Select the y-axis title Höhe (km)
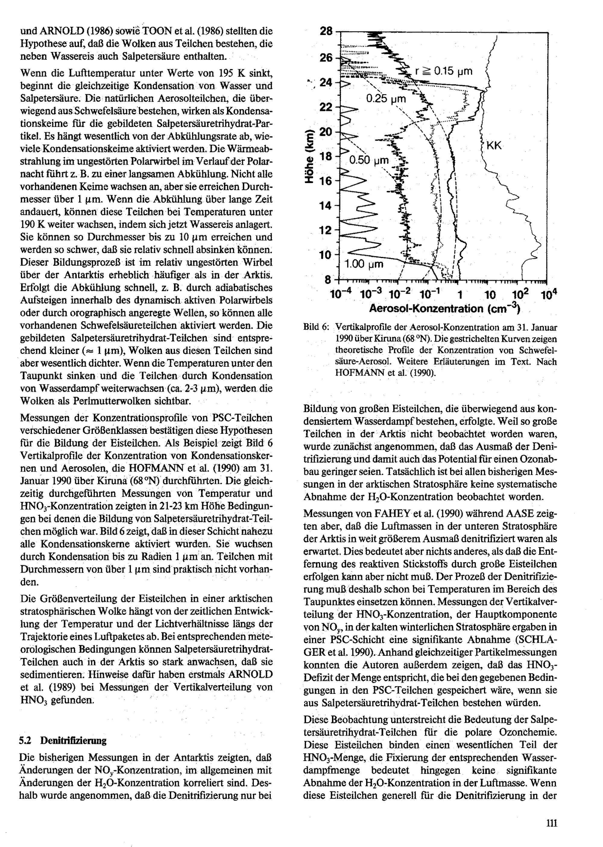coord(309,155)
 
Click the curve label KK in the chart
coord(494,146)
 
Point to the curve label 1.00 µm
coord(364,264)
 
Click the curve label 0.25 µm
coord(386,99)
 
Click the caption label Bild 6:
coord(316,327)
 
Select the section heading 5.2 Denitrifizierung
coord(63,741)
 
